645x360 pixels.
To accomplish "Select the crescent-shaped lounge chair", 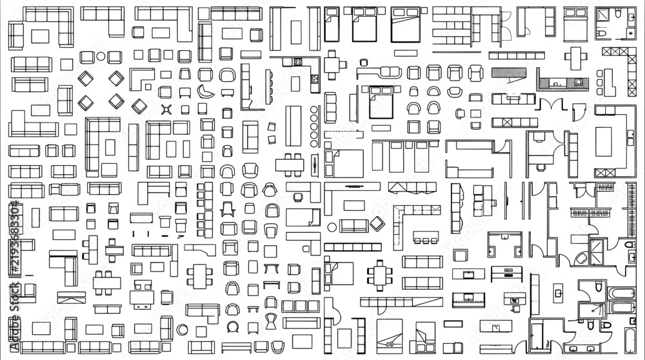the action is pos(205,92).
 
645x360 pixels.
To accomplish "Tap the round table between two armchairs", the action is pos(101,56).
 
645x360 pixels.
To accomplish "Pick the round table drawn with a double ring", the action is pos(183,330).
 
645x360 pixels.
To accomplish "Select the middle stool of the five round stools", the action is pos(314,126).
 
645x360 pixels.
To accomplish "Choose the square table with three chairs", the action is pos(331,65).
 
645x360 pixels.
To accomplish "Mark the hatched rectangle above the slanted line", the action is pos(509,73).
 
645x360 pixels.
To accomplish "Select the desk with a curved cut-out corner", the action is pos(200,249).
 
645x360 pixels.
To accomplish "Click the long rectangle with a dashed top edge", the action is pos(344,134).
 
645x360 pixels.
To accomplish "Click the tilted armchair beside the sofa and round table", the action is pos(377,224).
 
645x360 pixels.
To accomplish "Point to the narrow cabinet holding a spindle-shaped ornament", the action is pos(315,165).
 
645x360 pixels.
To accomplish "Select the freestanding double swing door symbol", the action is pos(551,104).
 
